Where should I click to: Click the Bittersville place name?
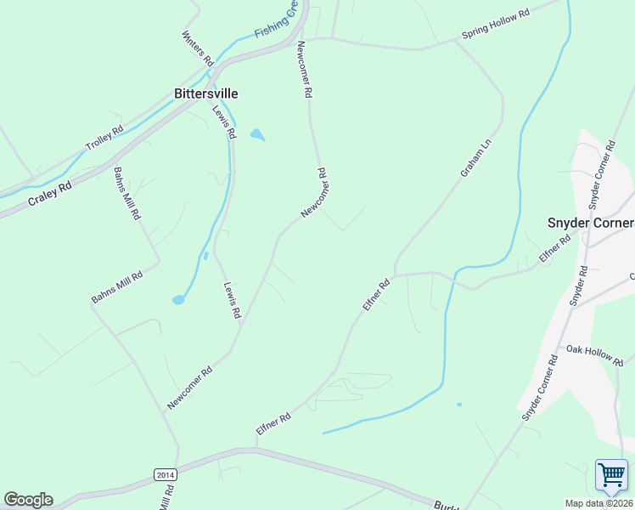point(205,93)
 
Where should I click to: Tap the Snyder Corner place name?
point(589,223)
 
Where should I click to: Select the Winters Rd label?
point(197,49)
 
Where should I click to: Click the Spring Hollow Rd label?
point(495,24)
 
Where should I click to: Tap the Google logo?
point(28,499)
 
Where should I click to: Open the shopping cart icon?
point(611,476)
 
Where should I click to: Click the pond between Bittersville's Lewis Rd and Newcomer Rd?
point(256,134)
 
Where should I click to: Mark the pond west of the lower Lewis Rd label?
point(178,299)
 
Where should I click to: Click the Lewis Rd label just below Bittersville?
point(223,122)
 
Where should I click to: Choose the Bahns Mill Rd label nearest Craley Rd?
point(126,193)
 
